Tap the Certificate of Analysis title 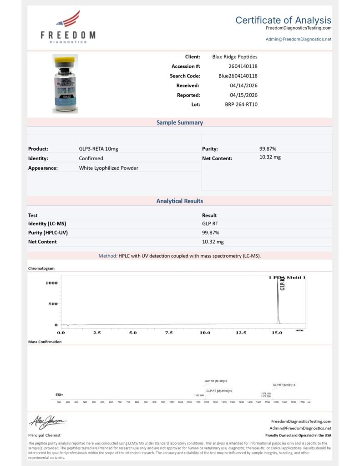283,20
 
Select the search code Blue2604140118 238,76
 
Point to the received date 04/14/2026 244,86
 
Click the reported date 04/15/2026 244,95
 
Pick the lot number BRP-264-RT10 241,104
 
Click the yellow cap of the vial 65,60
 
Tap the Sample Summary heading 180,122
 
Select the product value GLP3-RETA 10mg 99,149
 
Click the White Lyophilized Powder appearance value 108,168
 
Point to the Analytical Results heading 180,201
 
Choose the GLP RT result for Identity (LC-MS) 211,224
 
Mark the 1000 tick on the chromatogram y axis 51,283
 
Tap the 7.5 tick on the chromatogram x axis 169,333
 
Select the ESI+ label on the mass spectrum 59,395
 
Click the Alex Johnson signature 48,422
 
